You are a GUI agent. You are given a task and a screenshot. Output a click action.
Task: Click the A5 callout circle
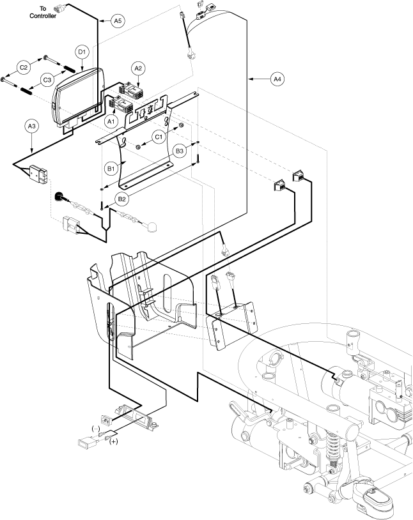[x=118, y=21]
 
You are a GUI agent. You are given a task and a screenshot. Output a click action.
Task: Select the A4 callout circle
[x=277, y=79]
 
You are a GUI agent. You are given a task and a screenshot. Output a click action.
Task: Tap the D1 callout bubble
[x=82, y=52]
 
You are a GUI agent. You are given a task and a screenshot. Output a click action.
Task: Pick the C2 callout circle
[x=24, y=68]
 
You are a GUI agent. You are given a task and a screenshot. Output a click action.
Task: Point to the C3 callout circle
[x=47, y=80]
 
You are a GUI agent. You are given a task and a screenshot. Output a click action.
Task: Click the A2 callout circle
[x=138, y=68]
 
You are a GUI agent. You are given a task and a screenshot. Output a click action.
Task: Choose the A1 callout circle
[x=111, y=121]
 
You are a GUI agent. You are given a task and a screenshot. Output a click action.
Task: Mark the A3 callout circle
[x=31, y=126]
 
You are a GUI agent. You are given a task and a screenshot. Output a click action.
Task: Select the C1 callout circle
[x=159, y=137]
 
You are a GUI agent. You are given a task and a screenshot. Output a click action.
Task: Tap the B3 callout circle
[x=179, y=151]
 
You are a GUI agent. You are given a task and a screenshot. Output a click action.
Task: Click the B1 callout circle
[x=111, y=169]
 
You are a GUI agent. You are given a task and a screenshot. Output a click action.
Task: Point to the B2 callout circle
[x=122, y=199]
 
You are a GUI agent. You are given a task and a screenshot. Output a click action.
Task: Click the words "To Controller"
[x=43, y=12]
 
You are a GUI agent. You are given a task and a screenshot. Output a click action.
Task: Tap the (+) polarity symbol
[x=114, y=441]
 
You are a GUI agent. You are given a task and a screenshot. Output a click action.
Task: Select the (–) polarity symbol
[x=96, y=429]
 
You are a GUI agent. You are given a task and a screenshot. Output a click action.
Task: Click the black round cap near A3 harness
[x=59, y=196]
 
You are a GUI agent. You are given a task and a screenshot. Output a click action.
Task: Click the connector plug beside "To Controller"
[x=58, y=10]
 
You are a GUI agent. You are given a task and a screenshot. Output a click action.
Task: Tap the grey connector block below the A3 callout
[x=38, y=174]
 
